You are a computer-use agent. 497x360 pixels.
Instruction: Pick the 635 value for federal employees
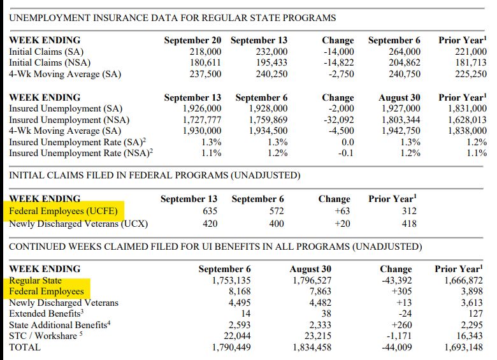(208, 211)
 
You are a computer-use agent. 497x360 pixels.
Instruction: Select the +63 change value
(338, 211)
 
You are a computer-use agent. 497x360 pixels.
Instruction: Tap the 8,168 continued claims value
(236, 291)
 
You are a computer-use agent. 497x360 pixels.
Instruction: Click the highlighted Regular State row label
(36, 280)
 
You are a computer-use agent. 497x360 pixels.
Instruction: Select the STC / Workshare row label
(43, 336)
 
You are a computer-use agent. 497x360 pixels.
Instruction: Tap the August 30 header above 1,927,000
(400, 97)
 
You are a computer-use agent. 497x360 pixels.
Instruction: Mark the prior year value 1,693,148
(463, 347)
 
